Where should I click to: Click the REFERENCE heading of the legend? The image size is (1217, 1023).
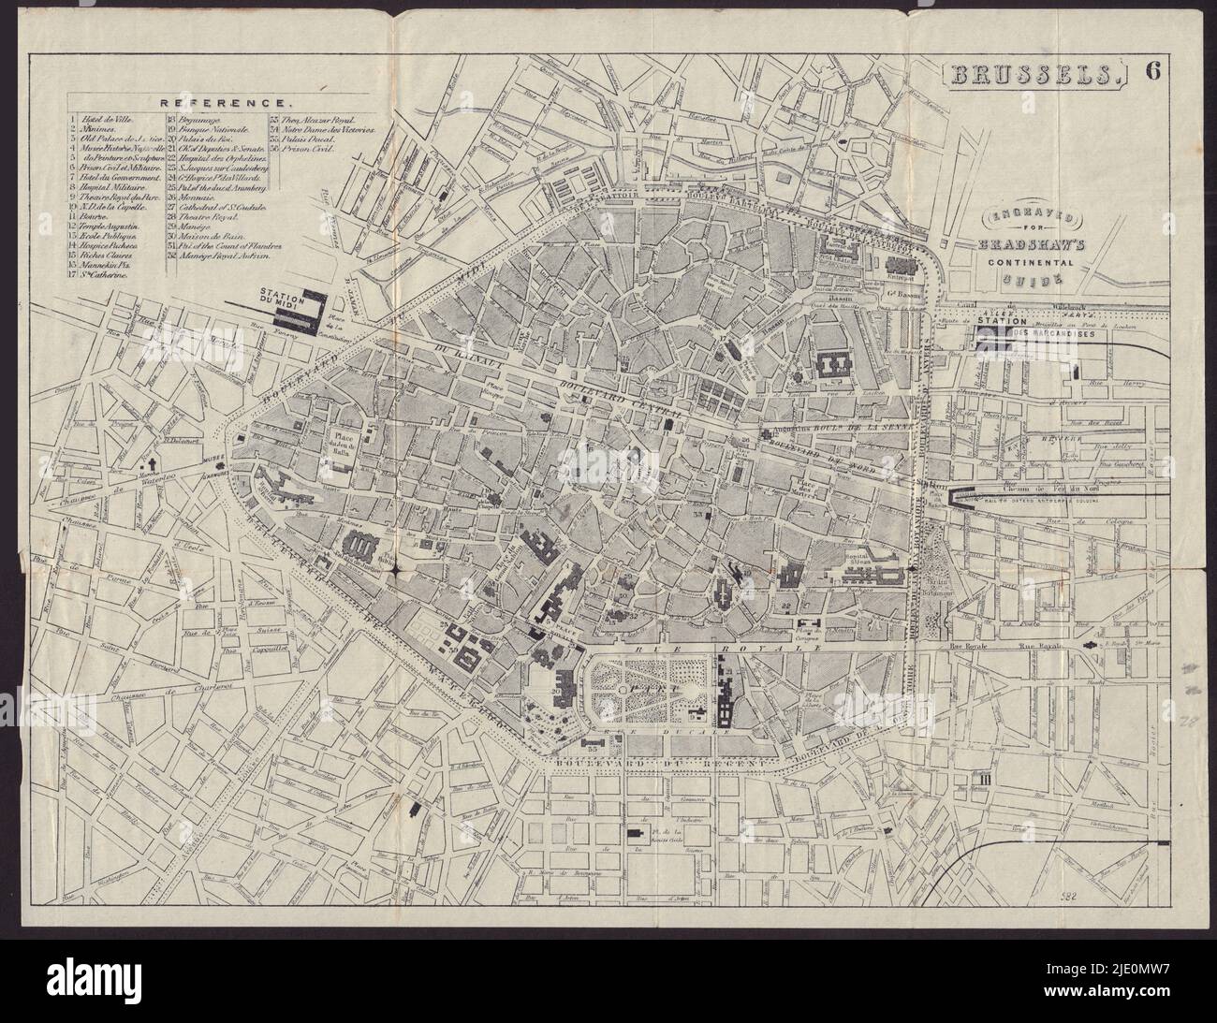[x=221, y=102]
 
